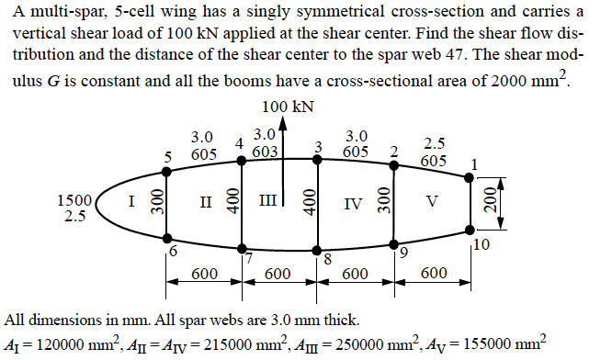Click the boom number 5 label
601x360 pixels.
pyautogui.click(x=167, y=155)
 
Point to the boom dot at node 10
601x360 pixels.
pyautogui.click(x=471, y=231)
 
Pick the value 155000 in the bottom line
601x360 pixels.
pyautogui.click(x=485, y=345)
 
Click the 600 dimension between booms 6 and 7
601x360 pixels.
pyautogui.click(x=204, y=274)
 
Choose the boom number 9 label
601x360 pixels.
pyautogui.click(x=403, y=254)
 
